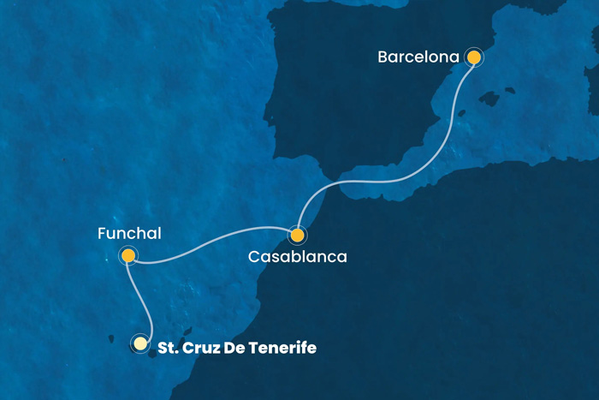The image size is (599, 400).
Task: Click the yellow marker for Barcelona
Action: click(x=473, y=57)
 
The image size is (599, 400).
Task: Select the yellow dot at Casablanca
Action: click(x=297, y=235)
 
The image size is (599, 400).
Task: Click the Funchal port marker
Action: click(x=128, y=255)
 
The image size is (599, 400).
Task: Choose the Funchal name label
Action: click(x=128, y=233)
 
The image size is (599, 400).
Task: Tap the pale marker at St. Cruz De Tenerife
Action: click(x=139, y=343)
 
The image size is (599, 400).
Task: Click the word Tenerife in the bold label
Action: click(x=287, y=348)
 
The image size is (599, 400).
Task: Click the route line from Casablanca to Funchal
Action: click(x=214, y=248)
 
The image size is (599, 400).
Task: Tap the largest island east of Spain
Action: click(x=489, y=99)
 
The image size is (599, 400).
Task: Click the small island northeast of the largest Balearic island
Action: click(x=511, y=89)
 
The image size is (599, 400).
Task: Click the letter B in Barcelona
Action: click(x=383, y=57)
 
